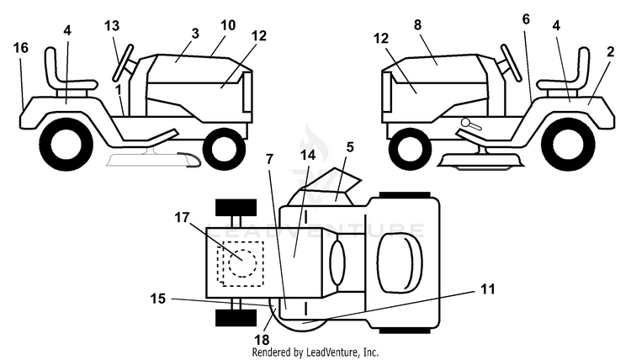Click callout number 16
(x=21, y=48)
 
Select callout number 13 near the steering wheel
(x=112, y=26)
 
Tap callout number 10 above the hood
(x=228, y=25)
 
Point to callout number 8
(x=417, y=25)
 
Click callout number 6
(x=527, y=19)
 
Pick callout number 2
(x=611, y=52)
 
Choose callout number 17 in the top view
(x=182, y=218)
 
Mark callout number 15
(x=158, y=299)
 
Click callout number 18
(x=262, y=340)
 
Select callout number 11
(x=488, y=289)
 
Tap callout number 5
(x=350, y=148)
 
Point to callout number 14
(x=308, y=155)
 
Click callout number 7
(x=269, y=159)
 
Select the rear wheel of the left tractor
(x=66, y=144)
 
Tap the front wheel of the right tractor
(x=411, y=148)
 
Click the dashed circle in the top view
(x=242, y=262)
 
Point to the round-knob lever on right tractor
(x=471, y=124)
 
